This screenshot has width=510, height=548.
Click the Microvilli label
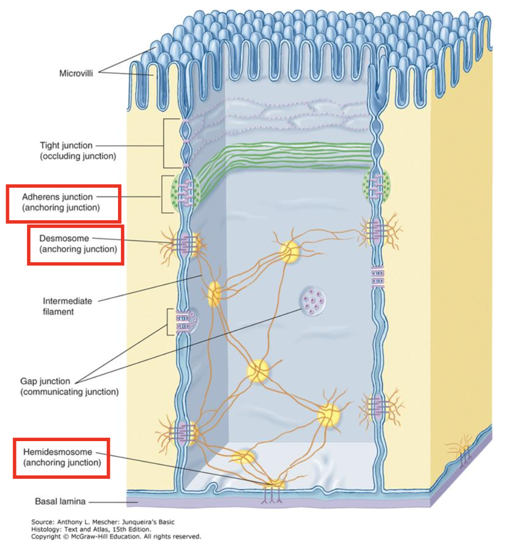76,73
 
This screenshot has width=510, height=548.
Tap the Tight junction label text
66,146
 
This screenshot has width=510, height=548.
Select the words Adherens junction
57,197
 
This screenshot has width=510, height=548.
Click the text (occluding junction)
78,156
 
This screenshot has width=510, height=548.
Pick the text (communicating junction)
69,391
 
